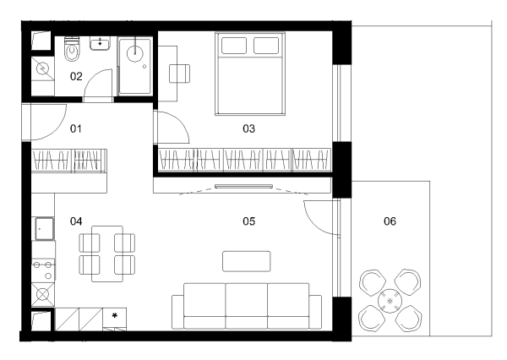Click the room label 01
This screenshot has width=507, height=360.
(76, 128)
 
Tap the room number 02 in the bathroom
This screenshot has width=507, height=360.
(76, 76)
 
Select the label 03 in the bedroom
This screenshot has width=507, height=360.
(248, 128)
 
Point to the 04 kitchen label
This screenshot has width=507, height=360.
(76, 221)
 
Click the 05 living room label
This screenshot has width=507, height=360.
(248, 221)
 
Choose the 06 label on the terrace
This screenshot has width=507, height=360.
(390, 221)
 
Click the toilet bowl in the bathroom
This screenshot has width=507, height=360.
(72, 52)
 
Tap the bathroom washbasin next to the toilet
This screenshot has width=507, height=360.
(101, 43)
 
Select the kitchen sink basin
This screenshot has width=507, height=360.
(44, 229)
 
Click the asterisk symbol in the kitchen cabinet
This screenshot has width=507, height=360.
(114, 316)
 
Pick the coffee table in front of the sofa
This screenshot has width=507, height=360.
(247, 261)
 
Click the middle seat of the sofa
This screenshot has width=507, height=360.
(247, 306)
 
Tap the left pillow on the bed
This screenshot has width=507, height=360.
(234, 46)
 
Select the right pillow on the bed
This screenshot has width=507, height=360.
(266, 46)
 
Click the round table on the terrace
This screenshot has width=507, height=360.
(390, 301)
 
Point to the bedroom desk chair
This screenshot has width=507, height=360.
(179, 74)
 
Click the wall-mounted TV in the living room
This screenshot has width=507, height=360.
(243, 186)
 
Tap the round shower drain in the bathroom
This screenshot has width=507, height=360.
(135, 54)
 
